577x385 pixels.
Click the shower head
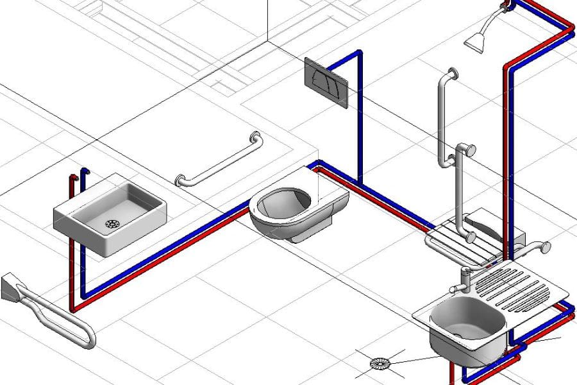[x=475, y=42]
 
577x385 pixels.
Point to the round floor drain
[x=379, y=364]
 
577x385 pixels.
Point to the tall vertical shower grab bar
[x=442, y=116]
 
